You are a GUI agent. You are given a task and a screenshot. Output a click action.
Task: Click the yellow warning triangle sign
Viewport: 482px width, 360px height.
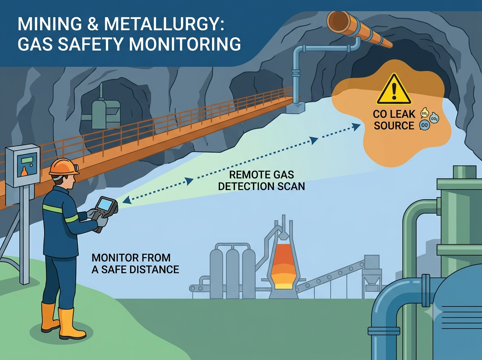(394, 90)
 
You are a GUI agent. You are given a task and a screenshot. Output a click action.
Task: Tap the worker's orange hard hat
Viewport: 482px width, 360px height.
(64, 168)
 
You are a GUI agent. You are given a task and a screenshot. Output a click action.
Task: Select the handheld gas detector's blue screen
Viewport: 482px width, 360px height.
(104, 204)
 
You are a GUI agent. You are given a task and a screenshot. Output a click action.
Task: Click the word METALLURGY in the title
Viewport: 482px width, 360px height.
(164, 24)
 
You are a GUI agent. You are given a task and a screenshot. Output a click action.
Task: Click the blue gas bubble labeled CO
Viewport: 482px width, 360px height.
(425, 125)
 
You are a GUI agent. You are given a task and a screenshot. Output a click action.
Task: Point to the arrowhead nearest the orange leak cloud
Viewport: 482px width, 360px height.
(356, 127)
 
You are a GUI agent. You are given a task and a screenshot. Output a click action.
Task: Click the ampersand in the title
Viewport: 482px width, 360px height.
(93, 24)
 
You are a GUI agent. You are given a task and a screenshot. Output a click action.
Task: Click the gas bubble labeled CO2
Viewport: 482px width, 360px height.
(434, 119)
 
